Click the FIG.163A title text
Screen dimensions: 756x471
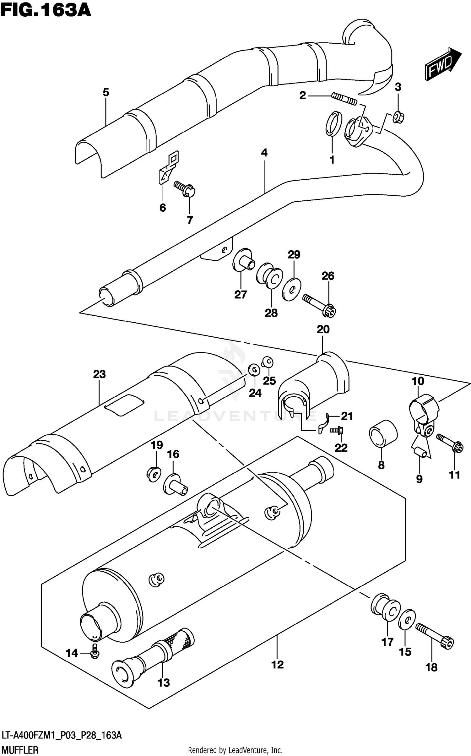point(46,10)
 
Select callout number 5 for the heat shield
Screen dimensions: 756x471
point(106,92)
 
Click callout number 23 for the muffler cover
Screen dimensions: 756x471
point(99,374)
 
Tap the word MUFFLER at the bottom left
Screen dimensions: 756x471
point(20,750)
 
